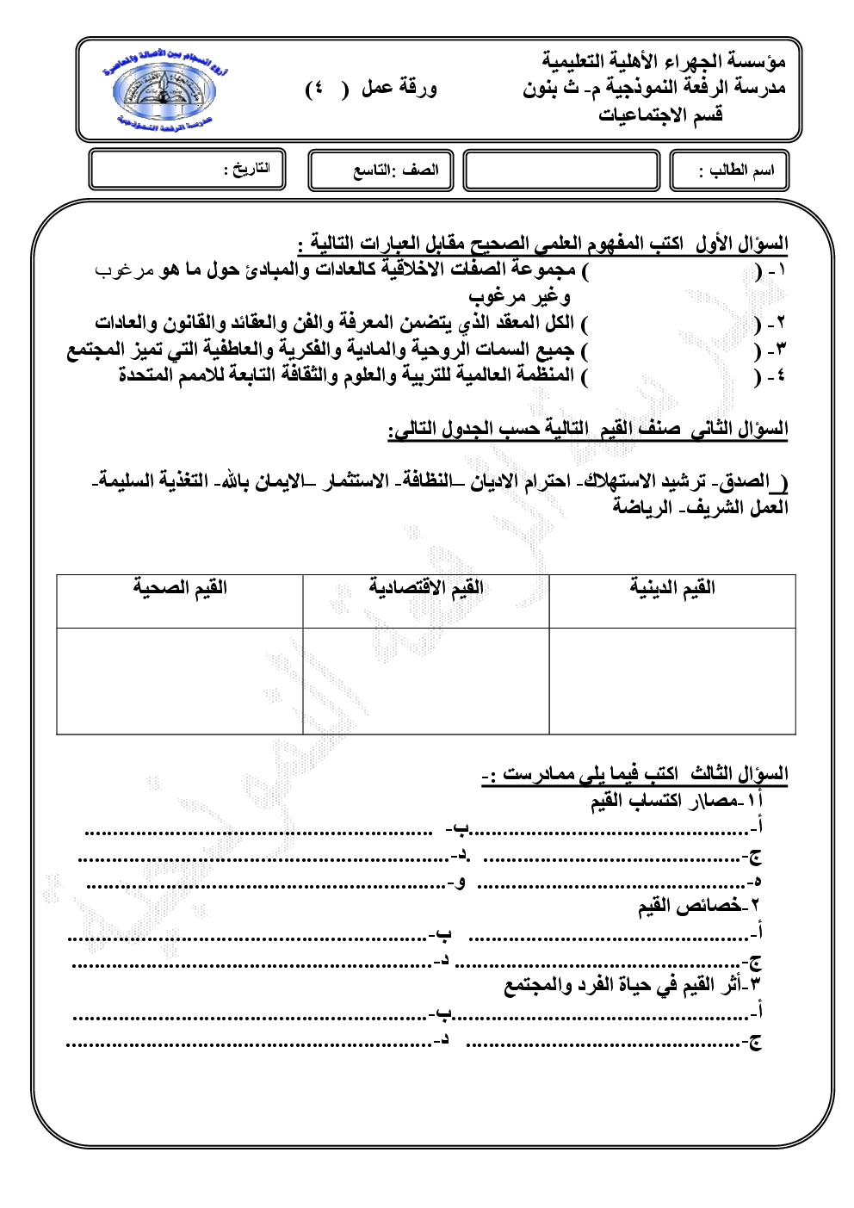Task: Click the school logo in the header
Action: pos(164,92)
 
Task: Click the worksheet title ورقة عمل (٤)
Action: pos(372,88)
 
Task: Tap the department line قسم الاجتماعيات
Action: pos(660,115)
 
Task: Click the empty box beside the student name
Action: pos(561,170)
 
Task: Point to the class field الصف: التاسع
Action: pos(395,170)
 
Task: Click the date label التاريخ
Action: pos(247,169)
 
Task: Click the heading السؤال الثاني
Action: pos(739,428)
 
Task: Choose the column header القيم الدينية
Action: pos(672,588)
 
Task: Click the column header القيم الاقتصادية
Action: pos(426,588)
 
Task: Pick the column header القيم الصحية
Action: pos(180,588)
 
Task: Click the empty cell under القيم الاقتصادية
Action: pos(426,680)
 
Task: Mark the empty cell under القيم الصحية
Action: pos(180,680)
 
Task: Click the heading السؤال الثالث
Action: pos(739,773)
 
